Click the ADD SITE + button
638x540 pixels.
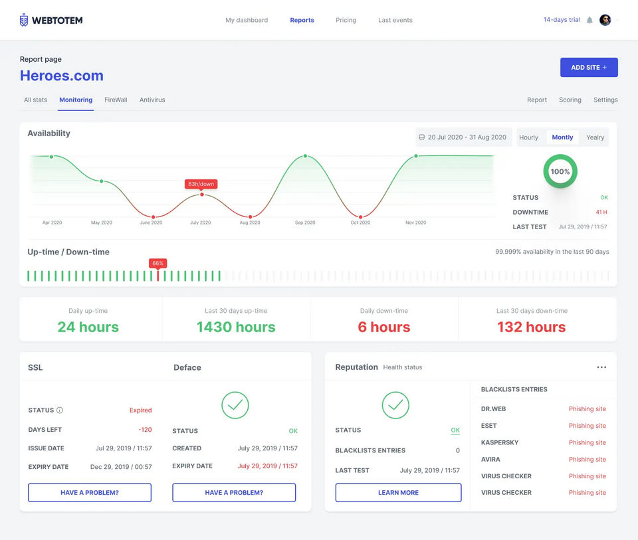[589, 67]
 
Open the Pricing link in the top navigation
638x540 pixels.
[346, 20]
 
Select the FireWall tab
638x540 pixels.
[116, 100]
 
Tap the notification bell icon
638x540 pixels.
[589, 20]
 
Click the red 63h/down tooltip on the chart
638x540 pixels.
[201, 184]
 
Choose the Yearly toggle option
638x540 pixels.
[595, 137]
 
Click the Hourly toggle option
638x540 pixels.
[529, 137]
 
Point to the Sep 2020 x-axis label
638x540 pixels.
[305, 223]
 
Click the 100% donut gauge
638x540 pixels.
[560, 171]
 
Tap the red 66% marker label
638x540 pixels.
[158, 263]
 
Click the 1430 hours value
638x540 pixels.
[236, 327]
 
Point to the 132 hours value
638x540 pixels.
[531, 327]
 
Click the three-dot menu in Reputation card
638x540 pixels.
[601, 367]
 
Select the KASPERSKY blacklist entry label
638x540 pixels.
[500, 442]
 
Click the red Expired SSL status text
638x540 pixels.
[140, 410]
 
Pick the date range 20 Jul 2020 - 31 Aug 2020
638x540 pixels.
[463, 137]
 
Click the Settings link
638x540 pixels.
[605, 100]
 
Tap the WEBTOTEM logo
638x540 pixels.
[51, 20]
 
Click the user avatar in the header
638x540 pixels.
[605, 20]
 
